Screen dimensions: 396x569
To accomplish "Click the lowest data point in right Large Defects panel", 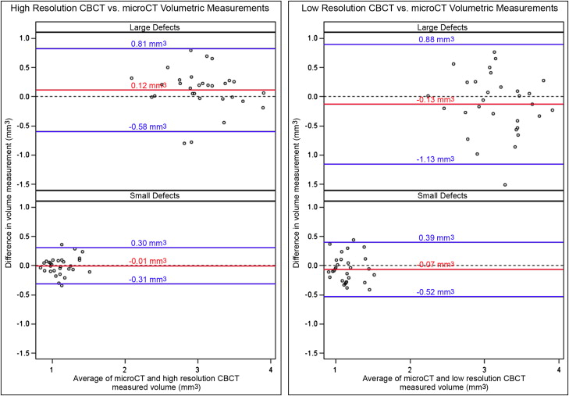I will pyautogui.click(x=505, y=185).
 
